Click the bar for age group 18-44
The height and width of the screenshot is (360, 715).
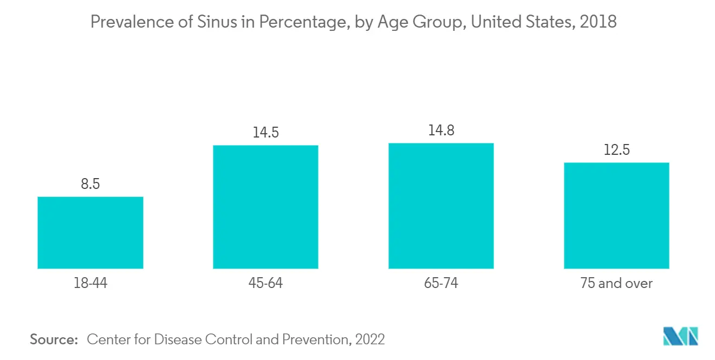click(x=90, y=233)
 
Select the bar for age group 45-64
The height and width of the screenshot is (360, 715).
click(x=265, y=207)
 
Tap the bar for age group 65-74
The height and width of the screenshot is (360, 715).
click(x=441, y=206)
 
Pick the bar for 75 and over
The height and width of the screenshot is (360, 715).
click(x=616, y=216)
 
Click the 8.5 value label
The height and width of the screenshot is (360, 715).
click(x=90, y=184)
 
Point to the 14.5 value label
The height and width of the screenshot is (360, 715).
click(x=266, y=133)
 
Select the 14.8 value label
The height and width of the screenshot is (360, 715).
click(x=441, y=130)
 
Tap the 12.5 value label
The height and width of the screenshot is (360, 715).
click(x=616, y=149)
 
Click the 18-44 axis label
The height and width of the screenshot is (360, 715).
click(x=90, y=283)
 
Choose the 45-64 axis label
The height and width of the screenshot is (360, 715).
click(x=265, y=283)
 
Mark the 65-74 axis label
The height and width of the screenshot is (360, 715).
click(x=441, y=283)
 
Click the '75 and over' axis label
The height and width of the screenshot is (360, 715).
click(x=616, y=283)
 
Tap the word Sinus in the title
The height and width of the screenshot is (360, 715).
click(x=217, y=22)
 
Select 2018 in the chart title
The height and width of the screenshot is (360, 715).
click(x=598, y=22)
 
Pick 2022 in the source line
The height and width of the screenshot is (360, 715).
click(x=370, y=339)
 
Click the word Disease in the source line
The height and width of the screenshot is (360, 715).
click(x=178, y=339)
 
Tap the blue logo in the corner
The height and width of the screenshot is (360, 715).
click(x=680, y=336)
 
